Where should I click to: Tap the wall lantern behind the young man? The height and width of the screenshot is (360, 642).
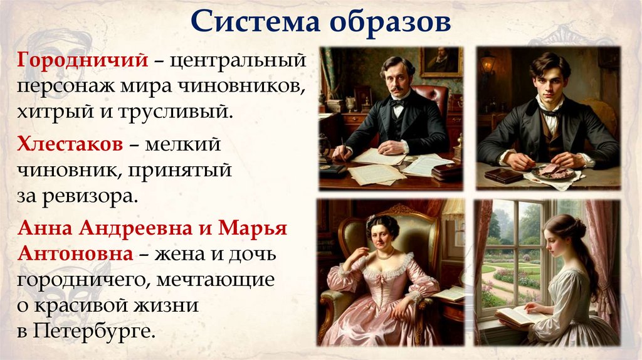(x=487, y=63)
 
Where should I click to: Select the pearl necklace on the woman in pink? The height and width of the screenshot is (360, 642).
(x=385, y=256)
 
